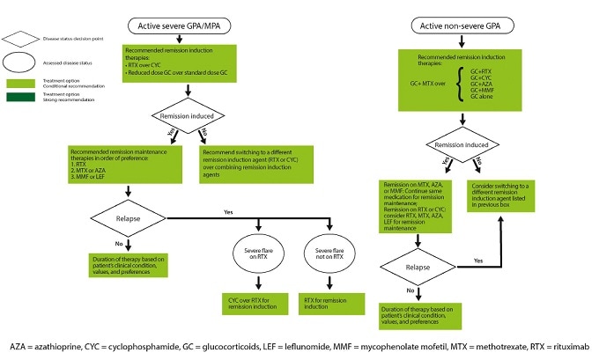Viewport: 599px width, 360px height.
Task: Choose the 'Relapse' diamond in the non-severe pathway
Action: click(417, 262)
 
